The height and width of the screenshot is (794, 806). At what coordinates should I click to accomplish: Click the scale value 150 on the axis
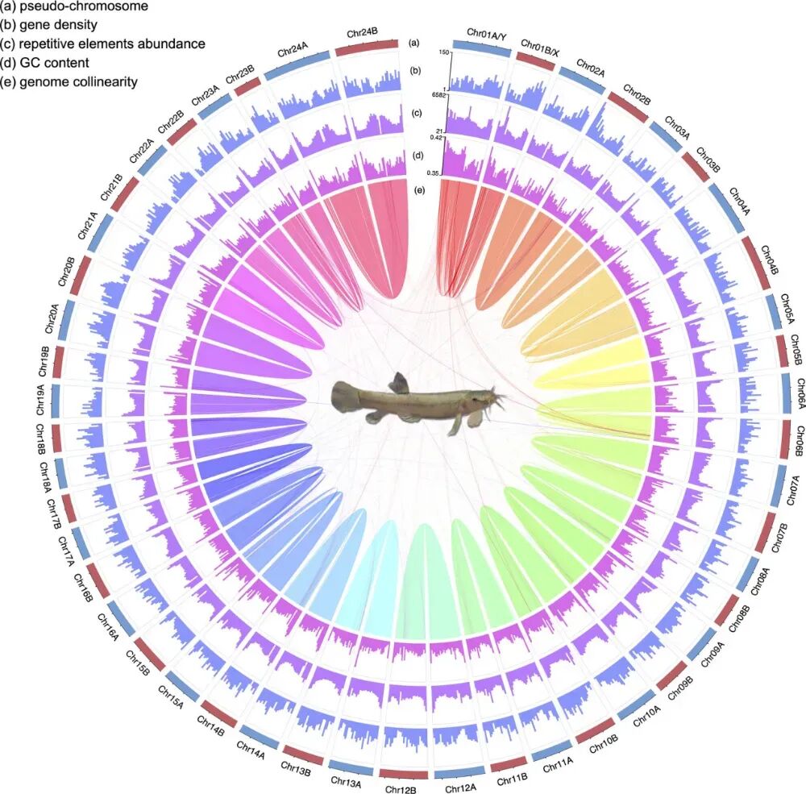pos(443,52)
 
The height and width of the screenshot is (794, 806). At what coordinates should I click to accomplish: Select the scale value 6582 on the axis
pos(439,94)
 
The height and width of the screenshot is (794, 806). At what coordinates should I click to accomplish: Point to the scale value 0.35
pos(438,173)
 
